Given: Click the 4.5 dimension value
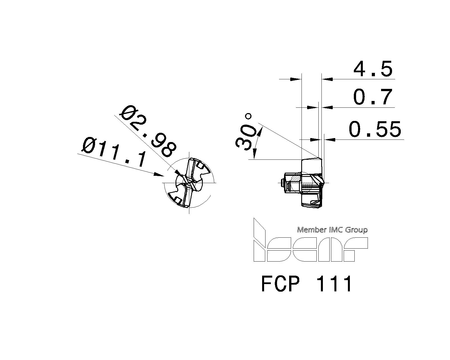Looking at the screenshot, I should (373, 69).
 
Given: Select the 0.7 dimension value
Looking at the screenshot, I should (373, 97).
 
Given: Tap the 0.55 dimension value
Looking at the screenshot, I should (375, 130).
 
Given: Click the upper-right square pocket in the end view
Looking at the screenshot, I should (200, 166).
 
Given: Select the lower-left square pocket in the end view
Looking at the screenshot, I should (178, 200).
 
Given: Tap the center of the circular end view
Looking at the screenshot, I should (189, 183).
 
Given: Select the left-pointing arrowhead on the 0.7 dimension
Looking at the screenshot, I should (327, 107).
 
